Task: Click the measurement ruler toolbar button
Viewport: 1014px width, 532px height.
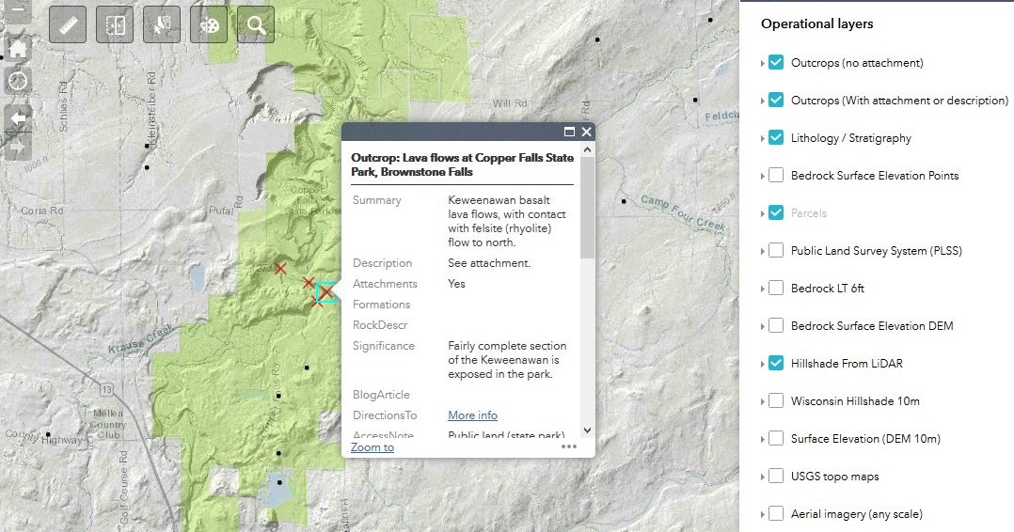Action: [x=68, y=25]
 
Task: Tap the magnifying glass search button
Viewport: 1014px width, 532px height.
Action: [x=256, y=25]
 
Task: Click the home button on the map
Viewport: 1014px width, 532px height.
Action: [x=18, y=48]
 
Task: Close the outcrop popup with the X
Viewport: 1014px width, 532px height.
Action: [x=586, y=133]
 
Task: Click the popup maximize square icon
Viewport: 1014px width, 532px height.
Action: [x=569, y=133]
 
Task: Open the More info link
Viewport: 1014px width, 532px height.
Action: [x=472, y=415]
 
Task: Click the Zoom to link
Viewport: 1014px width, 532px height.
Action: [x=372, y=447]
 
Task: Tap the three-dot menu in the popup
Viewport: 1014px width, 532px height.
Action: [x=569, y=447]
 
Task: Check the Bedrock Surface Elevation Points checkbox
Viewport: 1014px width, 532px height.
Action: [x=776, y=176]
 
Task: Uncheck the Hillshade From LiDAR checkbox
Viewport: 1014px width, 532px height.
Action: [x=776, y=364]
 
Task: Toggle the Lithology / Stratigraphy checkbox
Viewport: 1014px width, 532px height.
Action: [x=776, y=138]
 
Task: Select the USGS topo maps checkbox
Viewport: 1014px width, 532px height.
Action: [x=776, y=477]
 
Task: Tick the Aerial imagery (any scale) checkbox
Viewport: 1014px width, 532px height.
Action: [x=776, y=514]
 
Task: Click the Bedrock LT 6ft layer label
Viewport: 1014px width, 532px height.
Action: [x=828, y=289]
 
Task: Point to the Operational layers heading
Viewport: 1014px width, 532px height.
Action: [x=816, y=24]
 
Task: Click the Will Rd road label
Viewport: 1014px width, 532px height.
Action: [x=509, y=103]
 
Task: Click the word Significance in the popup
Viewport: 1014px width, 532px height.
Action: [x=384, y=346]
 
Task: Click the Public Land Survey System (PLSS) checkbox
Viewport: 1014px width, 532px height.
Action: [x=776, y=251]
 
